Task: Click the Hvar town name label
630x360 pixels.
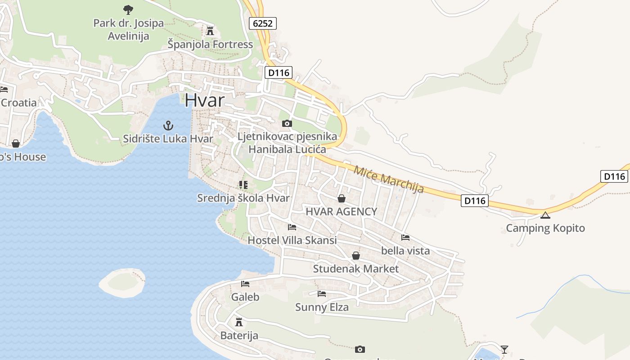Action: (204, 100)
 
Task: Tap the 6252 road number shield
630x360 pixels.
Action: (263, 23)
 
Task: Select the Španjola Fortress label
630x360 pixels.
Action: (210, 45)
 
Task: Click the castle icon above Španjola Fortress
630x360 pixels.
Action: (210, 31)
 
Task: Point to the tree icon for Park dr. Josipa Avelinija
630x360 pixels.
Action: (128, 9)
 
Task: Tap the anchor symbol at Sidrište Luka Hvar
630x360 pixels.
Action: (168, 125)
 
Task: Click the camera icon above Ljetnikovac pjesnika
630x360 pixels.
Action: (287, 123)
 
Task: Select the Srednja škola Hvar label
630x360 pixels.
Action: (243, 198)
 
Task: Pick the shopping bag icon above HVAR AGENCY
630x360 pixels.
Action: (342, 198)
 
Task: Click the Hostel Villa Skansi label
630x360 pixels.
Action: (292, 240)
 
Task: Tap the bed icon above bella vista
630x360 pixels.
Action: (405, 237)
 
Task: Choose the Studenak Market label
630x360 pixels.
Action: (355, 269)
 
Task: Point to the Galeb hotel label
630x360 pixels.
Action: (245, 297)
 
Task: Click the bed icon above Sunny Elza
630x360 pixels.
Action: (322, 294)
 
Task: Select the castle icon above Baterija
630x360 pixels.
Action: (239, 322)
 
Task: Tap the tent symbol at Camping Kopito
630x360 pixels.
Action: (545, 215)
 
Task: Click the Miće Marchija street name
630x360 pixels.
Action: (389, 180)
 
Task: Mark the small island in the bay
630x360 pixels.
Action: (122, 283)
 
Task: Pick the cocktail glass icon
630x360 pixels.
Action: (504, 349)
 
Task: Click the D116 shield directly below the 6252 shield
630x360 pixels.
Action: (279, 72)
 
